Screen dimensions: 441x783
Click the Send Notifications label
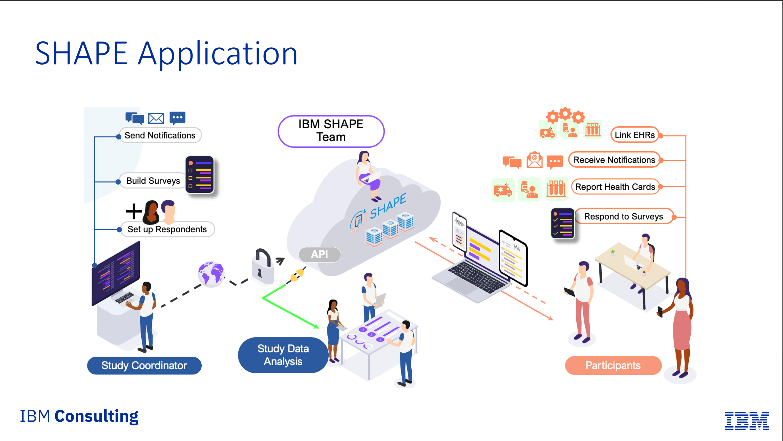pyautogui.click(x=160, y=135)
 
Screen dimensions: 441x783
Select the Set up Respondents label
pyautogui.click(x=167, y=229)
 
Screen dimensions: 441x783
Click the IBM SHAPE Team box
pyautogui.click(x=331, y=131)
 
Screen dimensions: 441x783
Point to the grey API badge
pyautogui.click(x=320, y=254)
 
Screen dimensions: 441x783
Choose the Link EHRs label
pyautogui.click(x=635, y=135)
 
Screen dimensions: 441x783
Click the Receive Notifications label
pyautogui.click(x=614, y=160)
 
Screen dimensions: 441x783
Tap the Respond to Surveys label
pyautogui.click(x=623, y=216)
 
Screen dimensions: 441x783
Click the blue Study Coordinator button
pyautogui.click(x=144, y=365)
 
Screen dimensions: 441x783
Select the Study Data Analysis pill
pyautogui.click(x=283, y=355)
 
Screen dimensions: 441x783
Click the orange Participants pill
pyautogui.click(x=613, y=365)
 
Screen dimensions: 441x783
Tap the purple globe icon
pyautogui.click(x=211, y=274)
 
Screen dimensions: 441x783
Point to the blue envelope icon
pyautogui.click(x=156, y=118)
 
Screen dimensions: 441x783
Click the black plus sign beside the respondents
pyautogui.click(x=134, y=211)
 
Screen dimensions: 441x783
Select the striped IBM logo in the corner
pyautogui.click(x=747, y=421)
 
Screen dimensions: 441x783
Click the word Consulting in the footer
pyautogui.click(x=96, y=416)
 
